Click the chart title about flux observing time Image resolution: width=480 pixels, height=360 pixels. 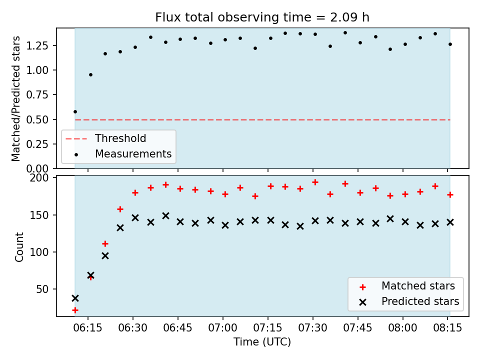coord(262,17)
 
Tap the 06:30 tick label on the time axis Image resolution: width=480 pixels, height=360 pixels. coord(133,328)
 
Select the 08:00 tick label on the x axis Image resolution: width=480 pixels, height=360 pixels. coord(402,328)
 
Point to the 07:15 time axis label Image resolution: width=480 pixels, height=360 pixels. coord(268,328)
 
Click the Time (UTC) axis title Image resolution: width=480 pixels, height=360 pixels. coord(262,341)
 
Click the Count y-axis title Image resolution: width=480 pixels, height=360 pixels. coord(19,247)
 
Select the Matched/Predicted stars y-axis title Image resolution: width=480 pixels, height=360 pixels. coord(15,98)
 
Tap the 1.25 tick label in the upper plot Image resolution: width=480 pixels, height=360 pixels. coord(37,45)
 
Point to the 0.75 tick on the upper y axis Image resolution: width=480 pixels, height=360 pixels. coord(37,95)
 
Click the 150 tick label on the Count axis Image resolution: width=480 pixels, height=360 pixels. coord(39,215)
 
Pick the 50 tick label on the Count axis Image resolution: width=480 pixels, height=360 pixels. coord(42,289)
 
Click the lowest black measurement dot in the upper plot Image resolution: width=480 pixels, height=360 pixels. coord(75,111)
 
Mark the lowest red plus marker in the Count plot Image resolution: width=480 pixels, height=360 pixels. coord(75,310)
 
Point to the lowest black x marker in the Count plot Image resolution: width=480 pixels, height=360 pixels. coord(75,298)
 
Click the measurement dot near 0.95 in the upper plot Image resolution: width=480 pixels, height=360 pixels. coord(90,74)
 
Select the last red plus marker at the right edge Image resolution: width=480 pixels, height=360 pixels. coord(450,194)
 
